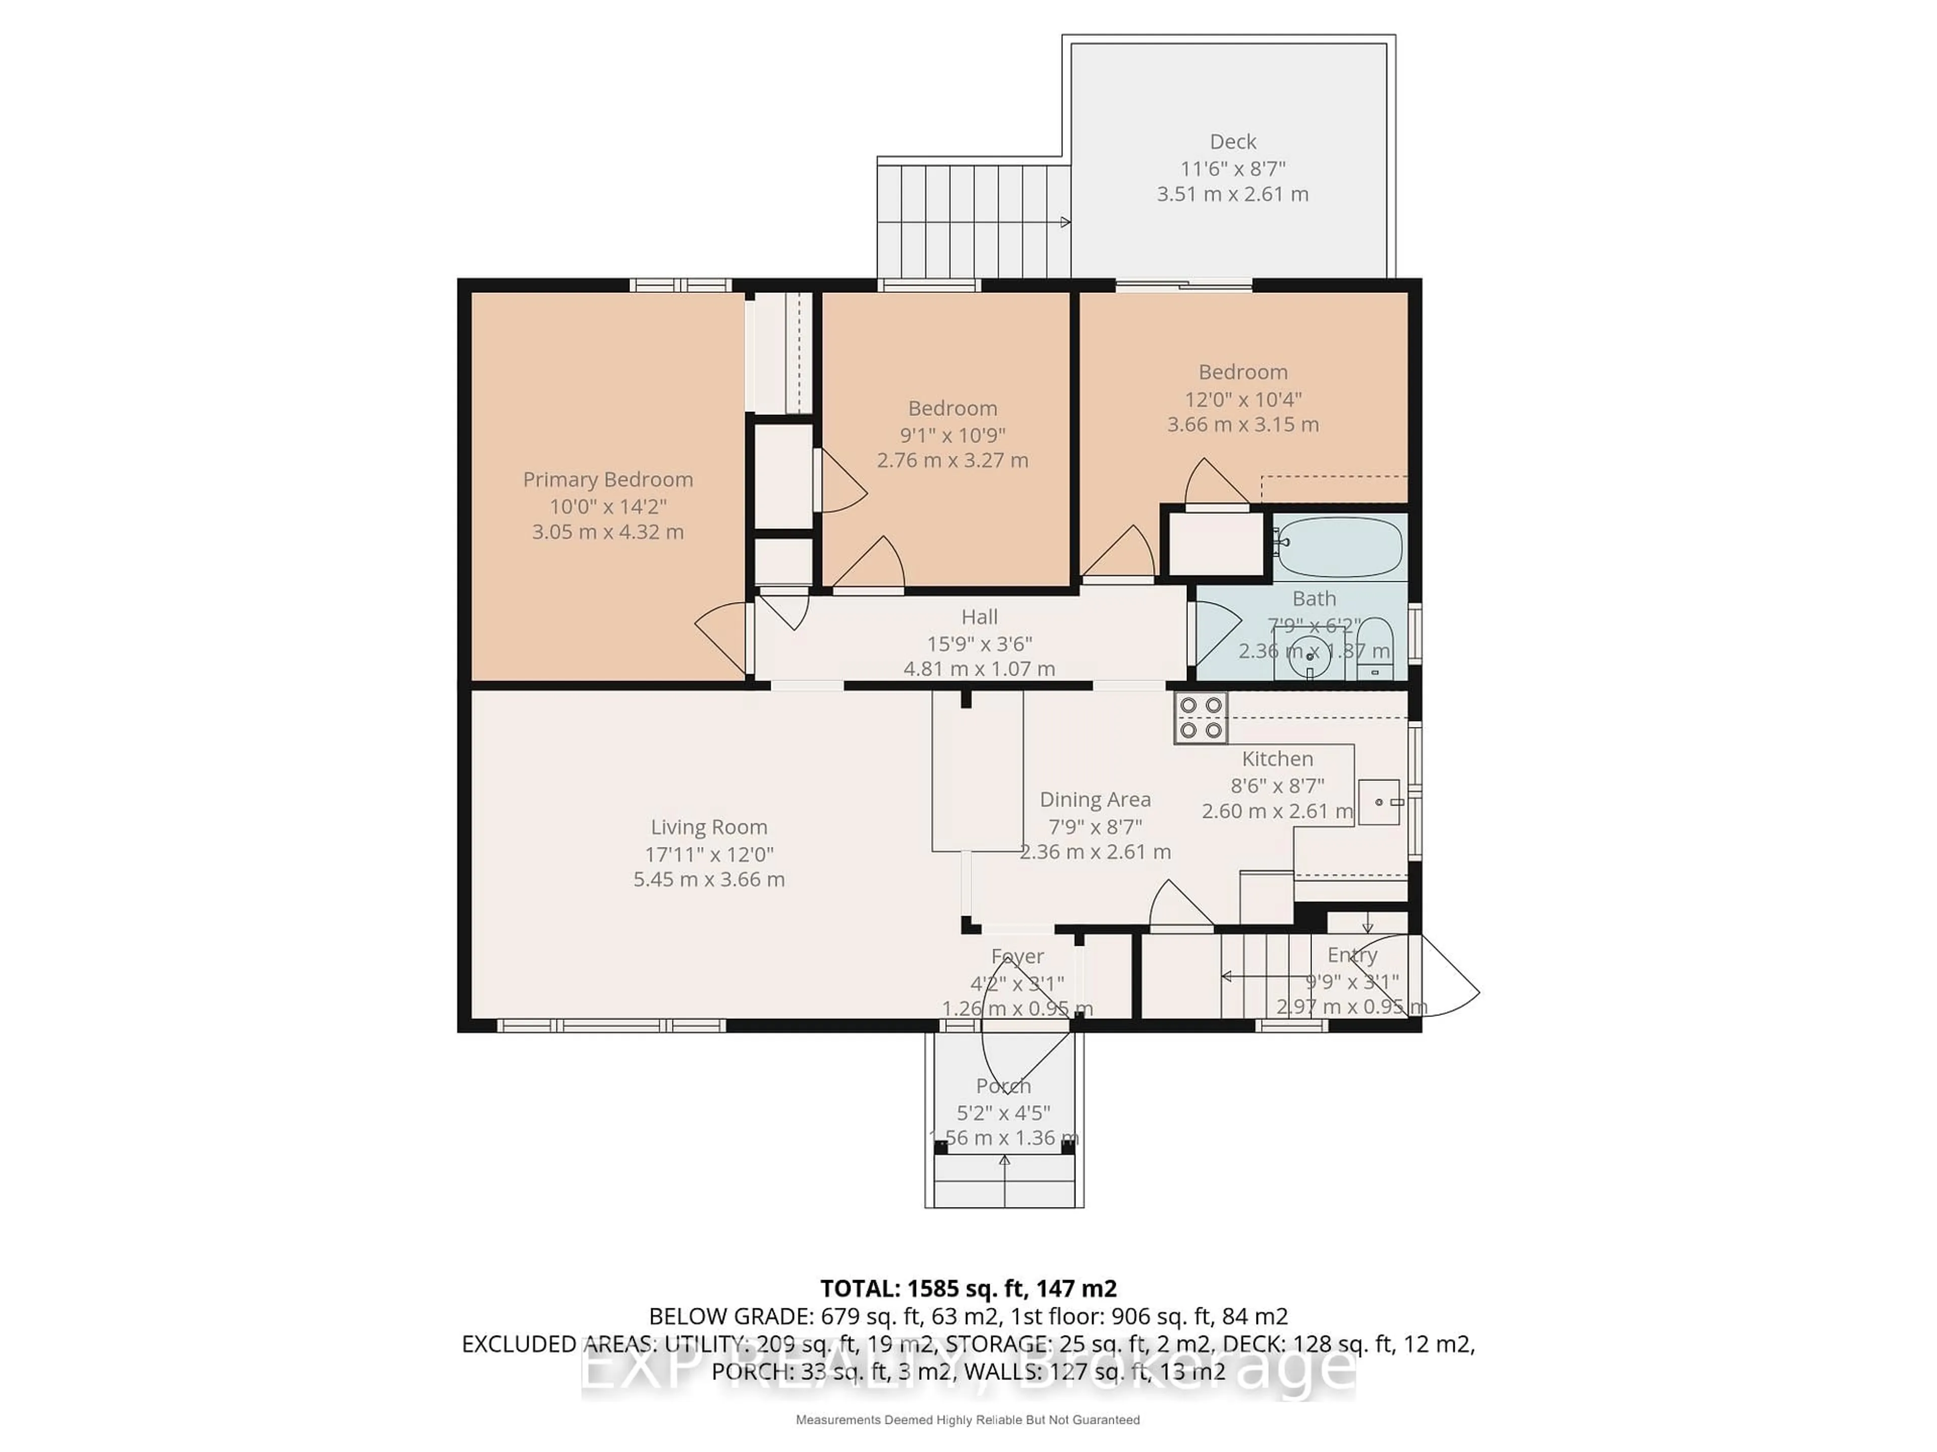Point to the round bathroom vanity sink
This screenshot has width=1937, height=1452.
(x=1310, y=655)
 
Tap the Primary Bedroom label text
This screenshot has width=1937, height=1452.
(x=608, y=479)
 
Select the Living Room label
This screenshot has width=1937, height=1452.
(x=708, y=827)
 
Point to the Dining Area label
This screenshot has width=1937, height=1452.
(x=1095, y=799)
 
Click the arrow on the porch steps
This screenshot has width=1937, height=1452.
(x=1004, y=1161)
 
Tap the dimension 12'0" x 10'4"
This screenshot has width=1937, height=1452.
(x=1242, y=399)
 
